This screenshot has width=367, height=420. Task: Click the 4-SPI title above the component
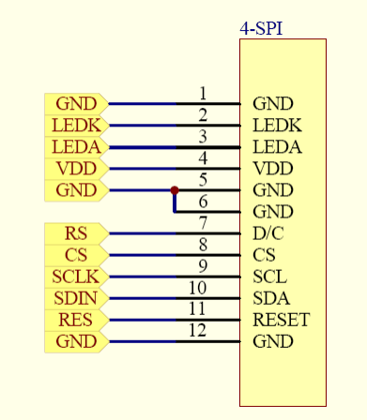[x=261, y=29]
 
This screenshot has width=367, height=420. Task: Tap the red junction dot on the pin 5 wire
[x=175, y=190]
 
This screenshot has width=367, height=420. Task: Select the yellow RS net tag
[x=75, y=233]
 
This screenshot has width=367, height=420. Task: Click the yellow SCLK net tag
[x=75, y=277]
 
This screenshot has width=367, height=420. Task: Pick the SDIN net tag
[x=75, y=298]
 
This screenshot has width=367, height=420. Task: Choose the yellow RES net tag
[x=75, y=320]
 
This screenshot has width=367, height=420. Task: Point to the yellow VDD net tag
[x=75, y=169]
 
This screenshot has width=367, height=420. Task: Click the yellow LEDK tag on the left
[x=75, y=126]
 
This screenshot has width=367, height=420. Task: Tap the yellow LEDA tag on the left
[x=75, y=147]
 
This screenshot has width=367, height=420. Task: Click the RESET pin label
[x=281, y=321]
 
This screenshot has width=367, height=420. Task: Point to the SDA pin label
[x=271, y=299]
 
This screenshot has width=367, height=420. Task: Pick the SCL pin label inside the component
[x=270, y=277]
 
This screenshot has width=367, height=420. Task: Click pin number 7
[x=203, y=224]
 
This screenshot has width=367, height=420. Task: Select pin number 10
[x=198, y=288]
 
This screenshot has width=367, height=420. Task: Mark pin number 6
[x=203, y=202]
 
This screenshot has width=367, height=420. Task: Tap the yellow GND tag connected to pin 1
[x=75, y=104]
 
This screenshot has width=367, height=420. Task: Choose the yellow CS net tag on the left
[x=75, y=255]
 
